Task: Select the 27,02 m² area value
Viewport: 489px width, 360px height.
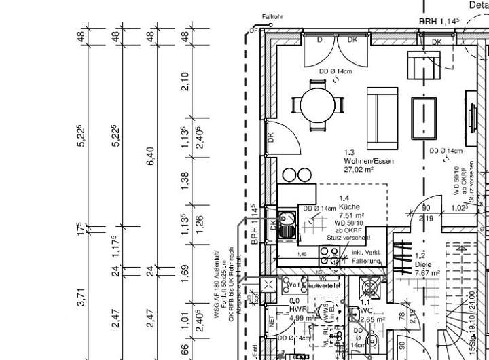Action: click(360, 170)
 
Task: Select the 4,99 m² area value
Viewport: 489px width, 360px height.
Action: click(300, 317)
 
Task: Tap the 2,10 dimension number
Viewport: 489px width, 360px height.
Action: click(185, 82)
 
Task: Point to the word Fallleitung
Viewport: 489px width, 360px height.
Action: click(367, 261)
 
